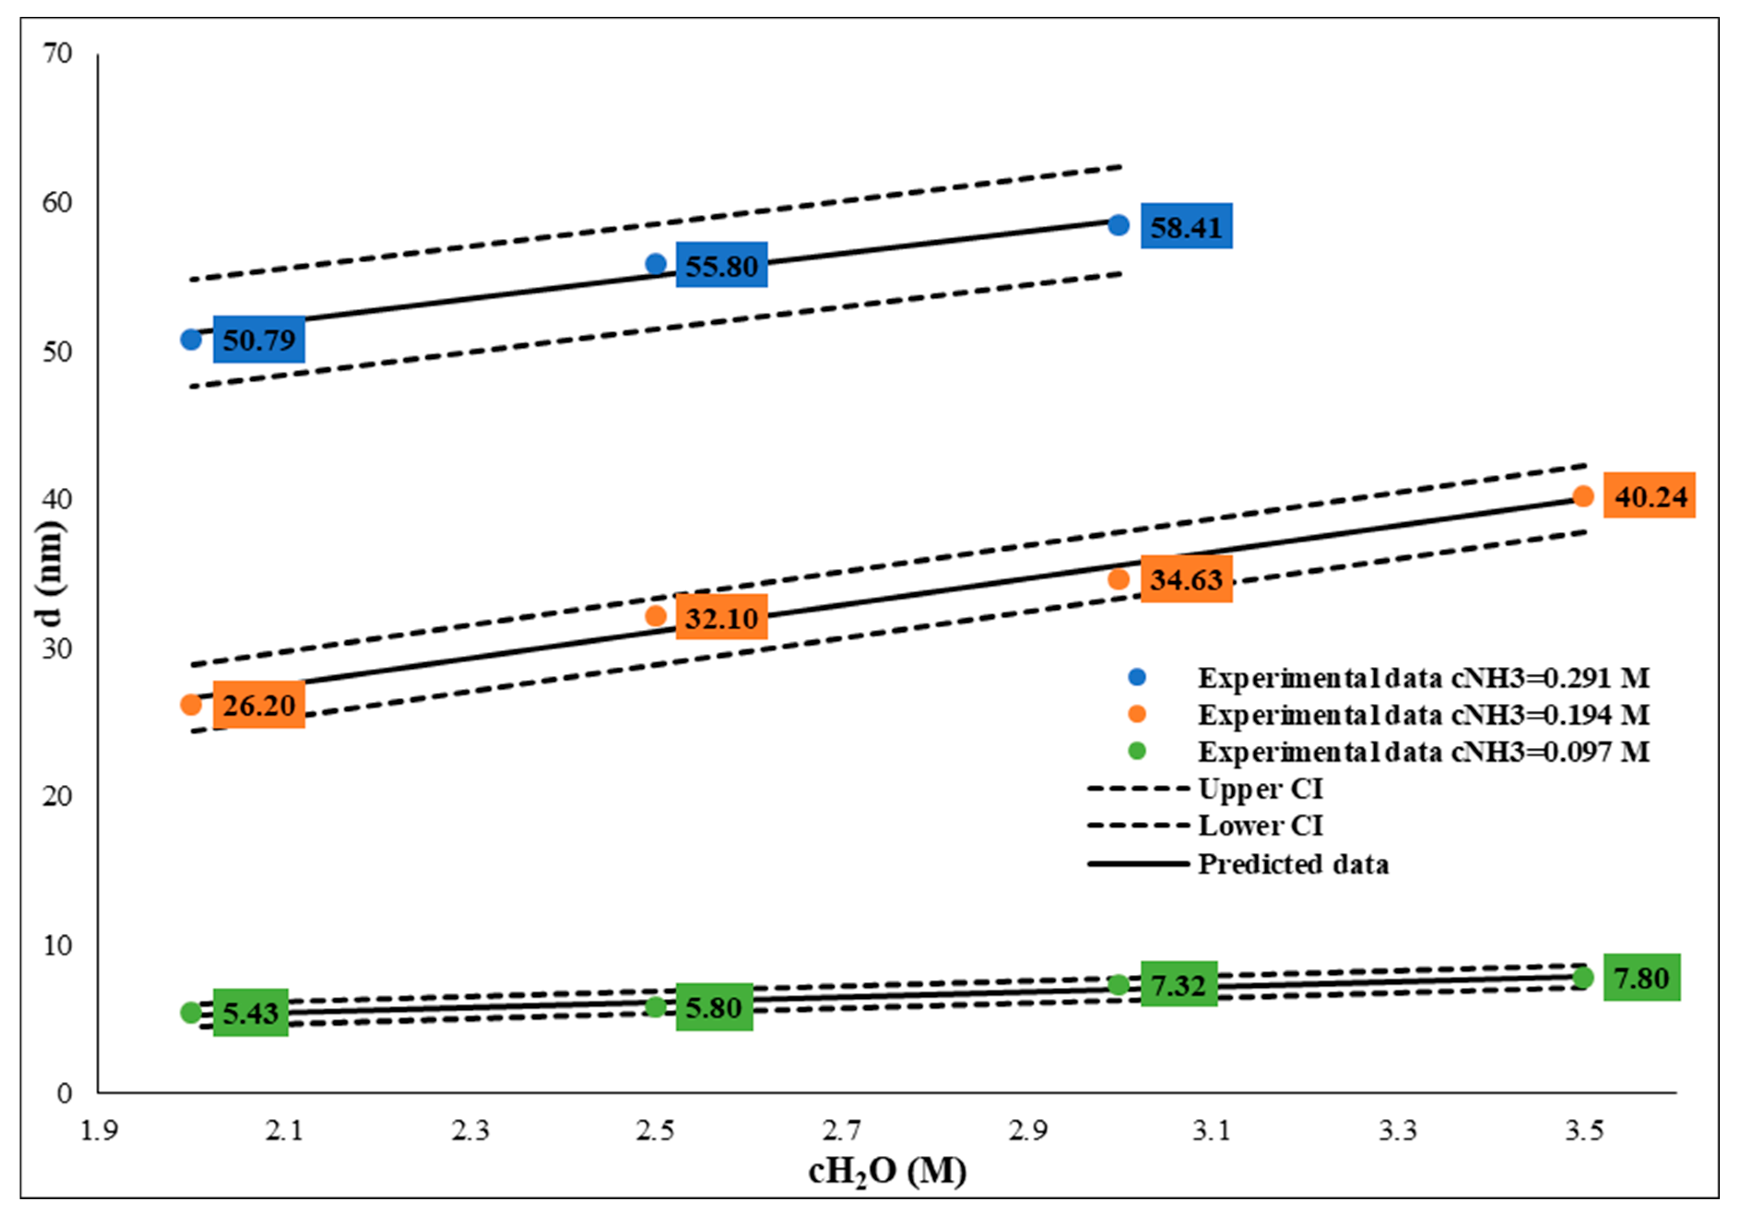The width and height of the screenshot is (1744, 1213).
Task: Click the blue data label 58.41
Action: point(1186,226)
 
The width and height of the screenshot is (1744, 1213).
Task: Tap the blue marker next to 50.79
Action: point(191,340)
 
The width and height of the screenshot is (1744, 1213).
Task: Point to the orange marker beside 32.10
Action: point(655,615)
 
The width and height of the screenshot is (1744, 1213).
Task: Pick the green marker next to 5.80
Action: point(655,1007)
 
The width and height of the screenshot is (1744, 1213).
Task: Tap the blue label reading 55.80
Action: point(722,265)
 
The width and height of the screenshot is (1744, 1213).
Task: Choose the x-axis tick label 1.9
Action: point(99,1131)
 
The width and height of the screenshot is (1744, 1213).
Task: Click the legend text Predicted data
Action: point(1293,864)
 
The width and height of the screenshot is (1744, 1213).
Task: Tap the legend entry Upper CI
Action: point(1260,789)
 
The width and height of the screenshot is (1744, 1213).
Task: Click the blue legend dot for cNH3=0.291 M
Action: point(1137,677)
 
